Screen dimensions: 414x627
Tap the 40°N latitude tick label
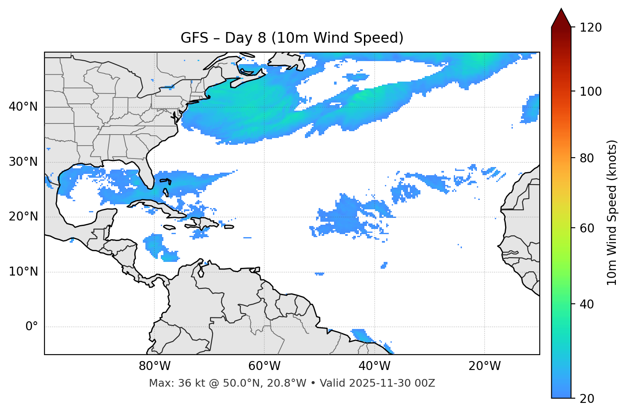(x=23, y=107)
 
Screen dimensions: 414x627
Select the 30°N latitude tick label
(x=23, y=162)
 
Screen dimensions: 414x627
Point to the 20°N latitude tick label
(x=23, y=217)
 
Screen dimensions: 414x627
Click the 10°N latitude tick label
(x=23, y=272)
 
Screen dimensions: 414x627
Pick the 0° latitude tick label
(x=32, y=327)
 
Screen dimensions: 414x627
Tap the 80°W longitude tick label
(x=154, y=366)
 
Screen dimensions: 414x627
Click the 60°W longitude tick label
(x=264, y=366)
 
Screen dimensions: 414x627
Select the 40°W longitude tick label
(x=374, y=366)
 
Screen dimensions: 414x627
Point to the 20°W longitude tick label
(x=484, y=366)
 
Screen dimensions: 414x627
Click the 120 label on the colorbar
(x=590, y=28)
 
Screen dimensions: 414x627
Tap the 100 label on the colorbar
(x=590, y=91)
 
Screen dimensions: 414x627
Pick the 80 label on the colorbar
(x=587, y=158)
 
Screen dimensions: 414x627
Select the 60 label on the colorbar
(x=587, y=228)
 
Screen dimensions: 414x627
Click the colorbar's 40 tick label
(x=587, y=304)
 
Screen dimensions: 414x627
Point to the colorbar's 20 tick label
(x=587, y=399)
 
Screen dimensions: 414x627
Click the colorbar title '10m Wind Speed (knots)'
(x=612, y=212)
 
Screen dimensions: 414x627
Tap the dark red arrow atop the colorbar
(x=561, y=18)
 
